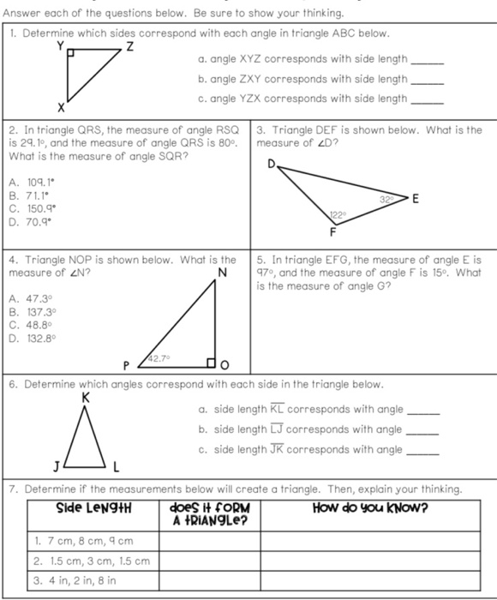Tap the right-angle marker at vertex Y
click(72, 54)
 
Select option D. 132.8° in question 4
click(29, 338)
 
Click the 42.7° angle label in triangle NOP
click(159, 359)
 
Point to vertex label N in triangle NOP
click(222, 273)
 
